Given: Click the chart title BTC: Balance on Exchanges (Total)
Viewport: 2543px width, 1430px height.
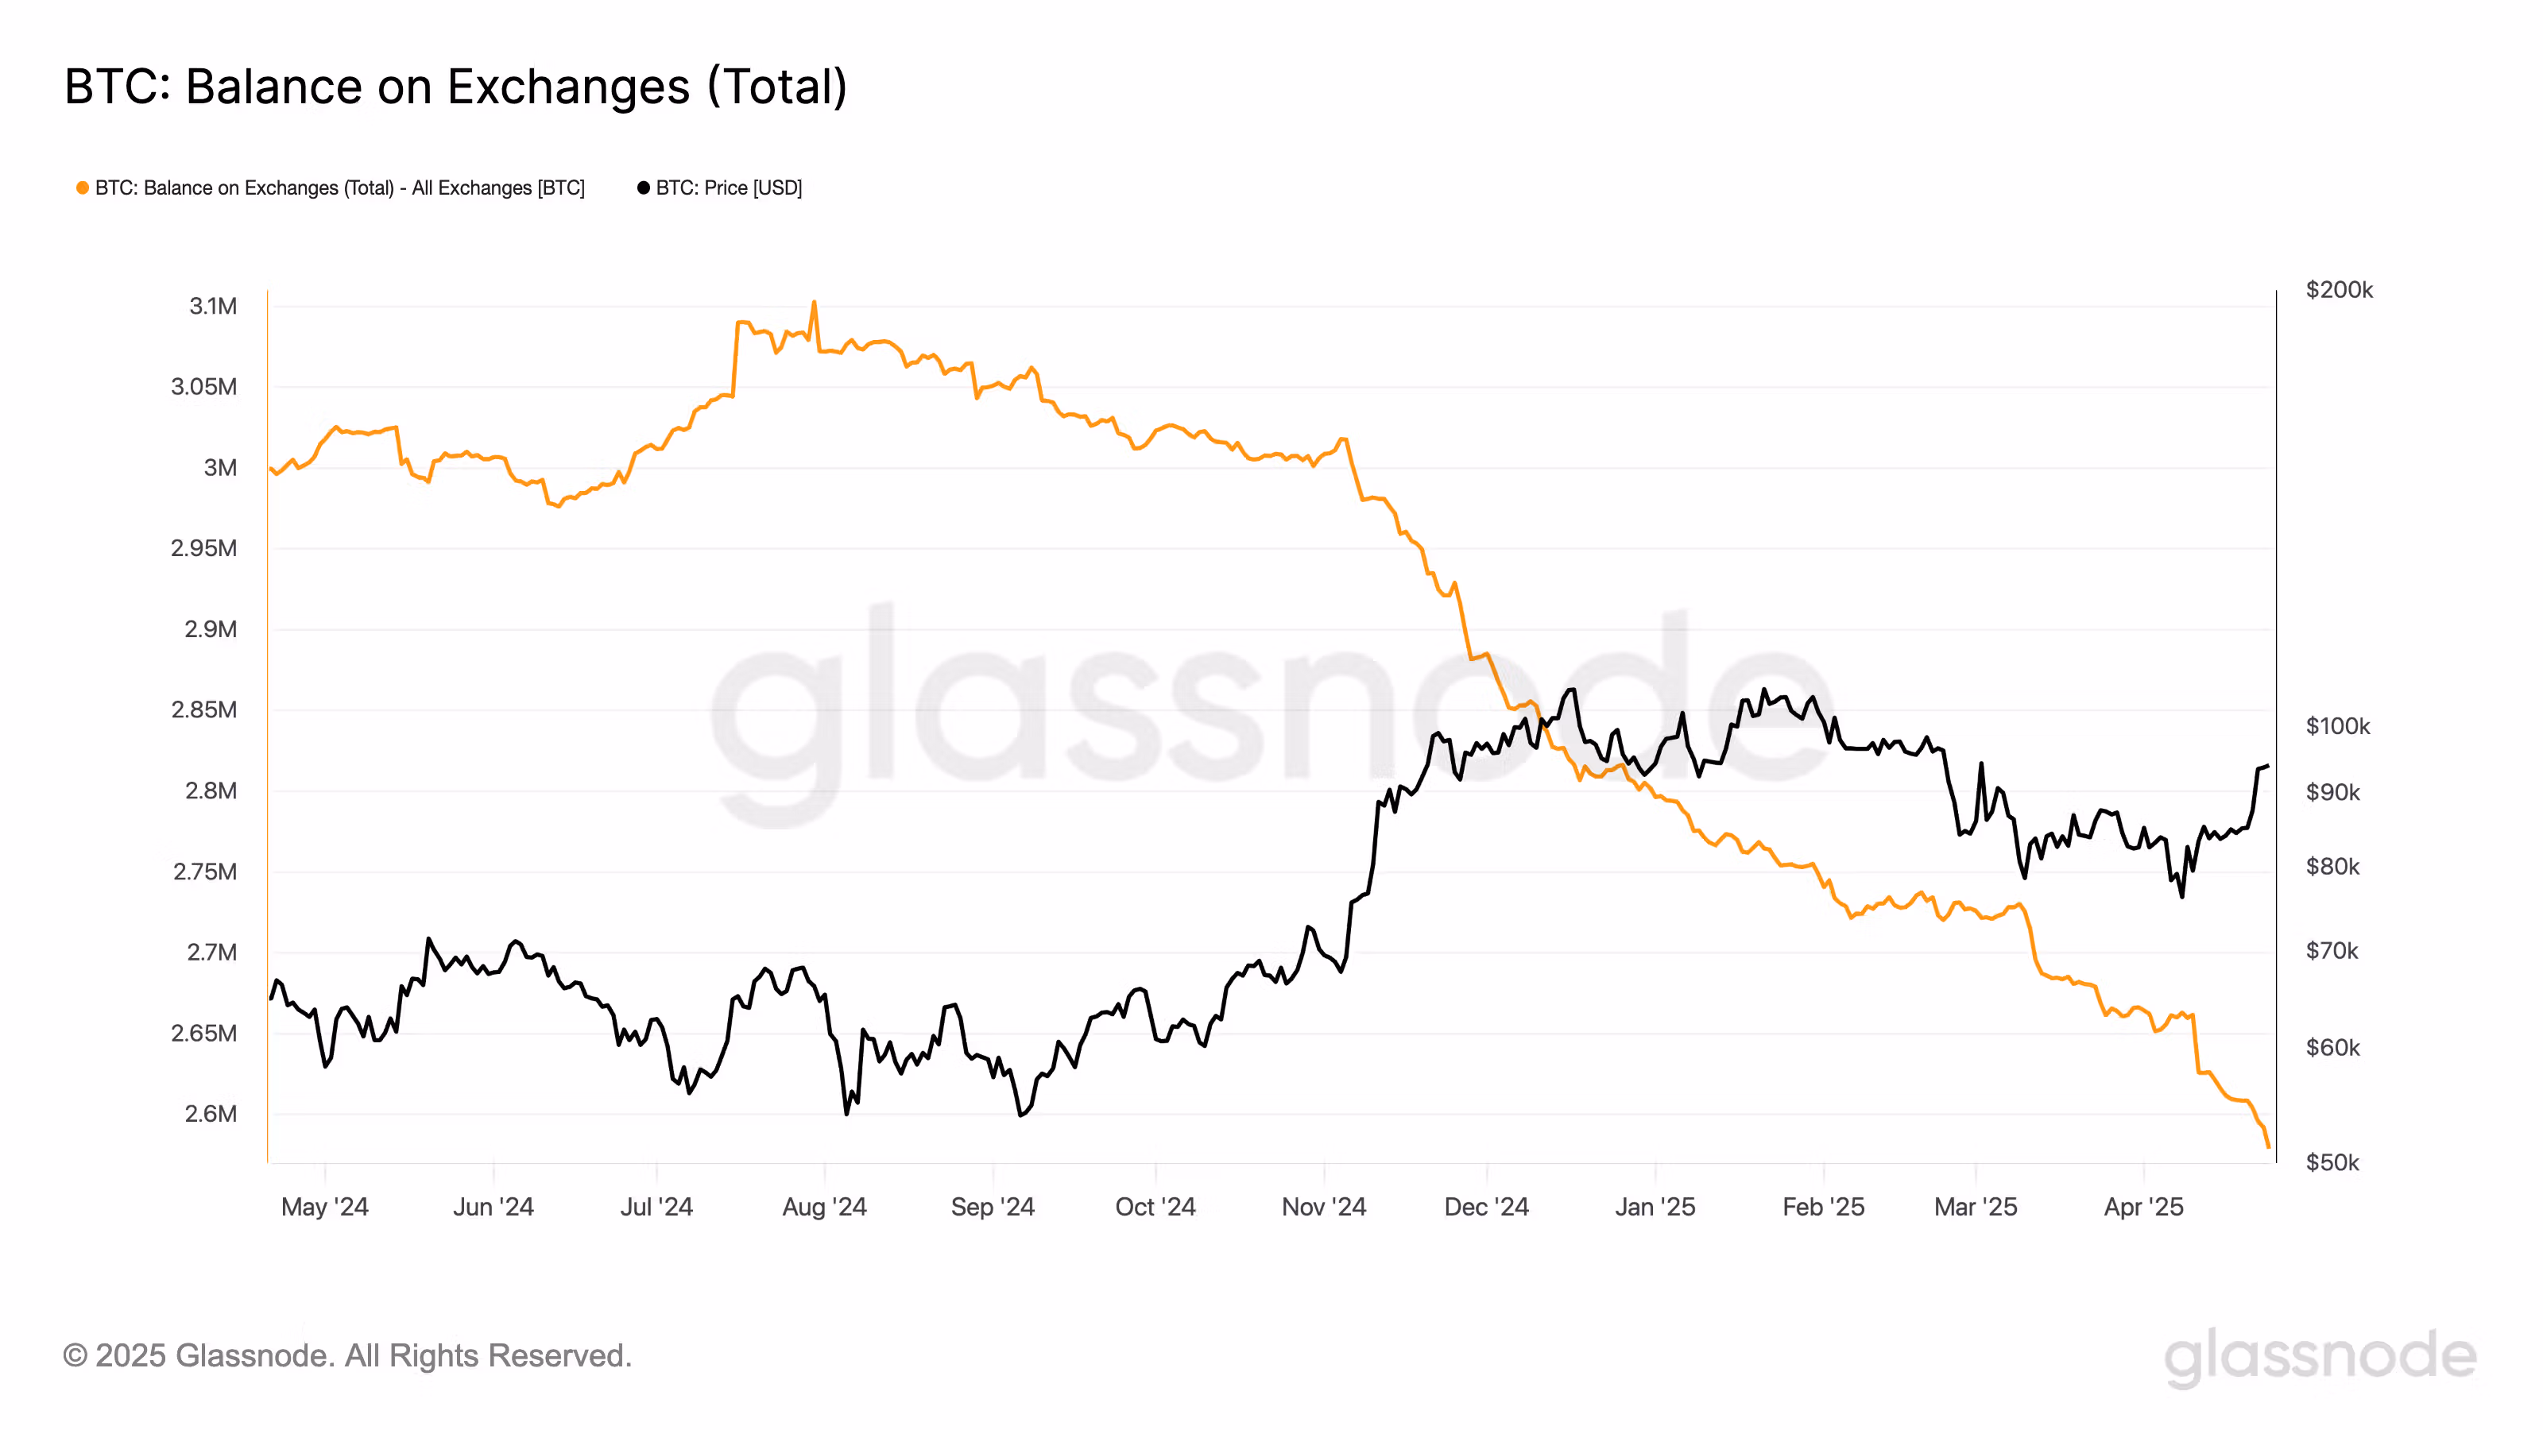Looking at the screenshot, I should [x=455, y=87].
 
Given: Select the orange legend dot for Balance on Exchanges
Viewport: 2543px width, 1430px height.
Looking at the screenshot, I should [x=83, y=187].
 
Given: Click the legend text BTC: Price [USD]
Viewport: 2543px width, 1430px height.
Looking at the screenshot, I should [x=729, y=187].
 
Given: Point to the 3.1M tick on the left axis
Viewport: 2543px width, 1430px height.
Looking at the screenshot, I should [x=213, y=306].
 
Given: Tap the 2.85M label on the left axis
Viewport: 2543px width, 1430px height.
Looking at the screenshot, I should [x=204, y=709].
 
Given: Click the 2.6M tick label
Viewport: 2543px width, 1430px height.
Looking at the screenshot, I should [x=211, y=1113].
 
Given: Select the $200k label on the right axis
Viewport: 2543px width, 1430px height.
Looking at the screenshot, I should [x=2339, y=289].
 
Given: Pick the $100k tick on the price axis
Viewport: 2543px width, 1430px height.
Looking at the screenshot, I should [x=2336, y=725].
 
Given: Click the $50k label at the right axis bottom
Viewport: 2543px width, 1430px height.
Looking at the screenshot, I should [x=2332, y=1161].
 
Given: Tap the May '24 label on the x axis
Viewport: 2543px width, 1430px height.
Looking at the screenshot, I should [x=325, y=1206].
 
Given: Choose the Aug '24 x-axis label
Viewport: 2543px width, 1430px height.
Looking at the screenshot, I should [x=824, y=1206].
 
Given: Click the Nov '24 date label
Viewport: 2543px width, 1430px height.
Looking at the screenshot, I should [x=1323, y=1206].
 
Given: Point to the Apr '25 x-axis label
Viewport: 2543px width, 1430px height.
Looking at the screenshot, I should [x=2143, y=1206].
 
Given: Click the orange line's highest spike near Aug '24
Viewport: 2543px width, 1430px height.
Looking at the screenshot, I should [x=814, y=302].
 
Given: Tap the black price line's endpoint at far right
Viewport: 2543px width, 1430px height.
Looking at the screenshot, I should [x=2267, y=766].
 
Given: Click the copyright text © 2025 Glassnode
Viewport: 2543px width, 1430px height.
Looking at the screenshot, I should [x=346, y=1355].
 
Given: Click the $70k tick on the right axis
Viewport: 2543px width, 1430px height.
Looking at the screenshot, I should [x=2332, y=950].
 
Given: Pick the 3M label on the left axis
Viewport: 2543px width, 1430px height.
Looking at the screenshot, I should [x=220, y=468].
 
